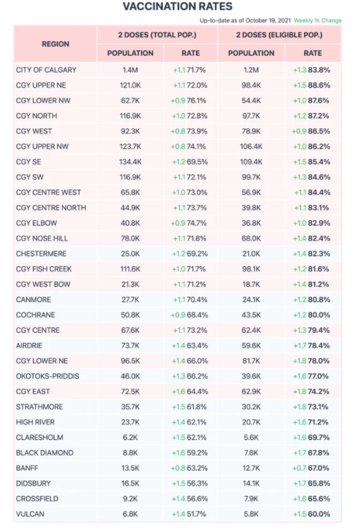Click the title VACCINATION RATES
click(177, 6)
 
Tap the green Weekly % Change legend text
click(318, 20)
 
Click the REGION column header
click(55, 44)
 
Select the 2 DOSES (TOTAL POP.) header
click(157, 35)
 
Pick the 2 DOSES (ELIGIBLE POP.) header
click(279, 35)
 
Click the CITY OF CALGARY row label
click(46, 70)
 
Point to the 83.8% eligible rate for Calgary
click(319, 70)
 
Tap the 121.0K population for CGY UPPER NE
click(130, 85)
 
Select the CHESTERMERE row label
click(41, 254)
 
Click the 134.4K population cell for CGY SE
click(130, 162)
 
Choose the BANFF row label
click(27, 468)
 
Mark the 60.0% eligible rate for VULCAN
click(318, 514)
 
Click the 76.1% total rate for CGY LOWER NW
click(196, 100)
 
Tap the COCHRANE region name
click(35, 314)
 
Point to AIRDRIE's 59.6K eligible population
click(251, 345)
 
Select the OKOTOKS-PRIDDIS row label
click(48, 376)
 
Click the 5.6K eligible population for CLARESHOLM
click(251, 437)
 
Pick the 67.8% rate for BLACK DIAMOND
click(318, 453)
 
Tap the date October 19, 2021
click(268, 20)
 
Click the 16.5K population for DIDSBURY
click(130, 483)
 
